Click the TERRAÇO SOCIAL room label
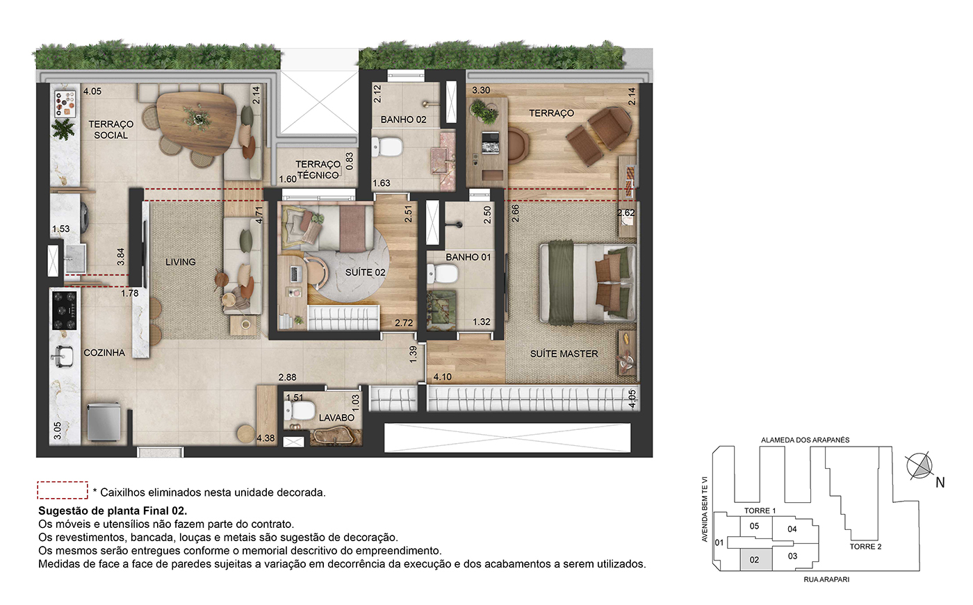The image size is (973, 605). tap(111, 130)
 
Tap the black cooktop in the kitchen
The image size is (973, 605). tap(65, 310)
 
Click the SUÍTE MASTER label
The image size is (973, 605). tap(564, 354)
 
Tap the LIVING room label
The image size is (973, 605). tap(180, 262)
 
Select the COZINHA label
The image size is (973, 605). tap(104, 353)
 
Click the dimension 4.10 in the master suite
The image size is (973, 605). tap(442, 376)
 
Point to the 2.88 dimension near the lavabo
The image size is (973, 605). tap(288, 377)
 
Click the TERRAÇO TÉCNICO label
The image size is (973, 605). tap(318, 169)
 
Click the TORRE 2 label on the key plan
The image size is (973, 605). tap(865, 547)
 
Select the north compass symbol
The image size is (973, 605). tap(920, 466)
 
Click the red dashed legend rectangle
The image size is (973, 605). tap(63, 490)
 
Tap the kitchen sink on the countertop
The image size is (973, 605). tap(62, 356)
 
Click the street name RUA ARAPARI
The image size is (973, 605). tap(826, 579)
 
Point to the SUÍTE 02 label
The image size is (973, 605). tap(365, 272)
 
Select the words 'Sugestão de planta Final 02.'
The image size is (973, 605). tap(113, 511)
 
